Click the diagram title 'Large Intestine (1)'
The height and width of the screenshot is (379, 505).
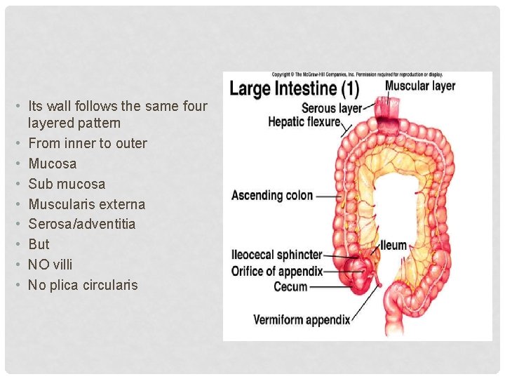click(294, 89)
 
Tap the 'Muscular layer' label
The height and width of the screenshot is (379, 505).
click(419, 86)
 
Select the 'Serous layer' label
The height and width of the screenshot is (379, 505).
click(332, 109)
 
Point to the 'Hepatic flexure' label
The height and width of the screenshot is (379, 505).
click(304, 122)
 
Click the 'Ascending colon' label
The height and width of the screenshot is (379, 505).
click(272, 195)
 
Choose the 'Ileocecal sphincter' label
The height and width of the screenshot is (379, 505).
click(277, 254)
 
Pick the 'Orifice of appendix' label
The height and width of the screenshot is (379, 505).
click(277, 270)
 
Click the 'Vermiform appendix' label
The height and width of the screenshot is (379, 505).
click(302, 320)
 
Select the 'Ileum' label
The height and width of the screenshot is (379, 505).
click(394, 246)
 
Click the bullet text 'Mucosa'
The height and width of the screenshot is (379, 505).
click(52, 164)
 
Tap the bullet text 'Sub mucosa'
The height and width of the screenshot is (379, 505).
click(67, 184)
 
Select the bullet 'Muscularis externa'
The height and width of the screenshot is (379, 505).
click(86, 204)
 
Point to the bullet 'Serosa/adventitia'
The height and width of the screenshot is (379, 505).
click(81, 224)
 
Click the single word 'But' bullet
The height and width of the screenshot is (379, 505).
click(39, 244)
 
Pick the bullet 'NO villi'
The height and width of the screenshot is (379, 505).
click(50, 265)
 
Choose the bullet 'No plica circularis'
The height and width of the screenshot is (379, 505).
click(83, 285)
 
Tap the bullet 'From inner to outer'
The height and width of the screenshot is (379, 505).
click(87, 143)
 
